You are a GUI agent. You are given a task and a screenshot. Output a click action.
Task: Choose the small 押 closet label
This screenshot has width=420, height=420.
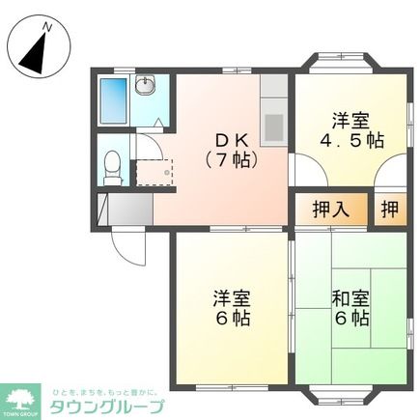388,208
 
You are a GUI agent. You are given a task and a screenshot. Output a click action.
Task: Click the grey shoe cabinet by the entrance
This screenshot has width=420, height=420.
125,209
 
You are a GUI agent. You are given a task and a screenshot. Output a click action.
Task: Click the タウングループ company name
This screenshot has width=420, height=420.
105,406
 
